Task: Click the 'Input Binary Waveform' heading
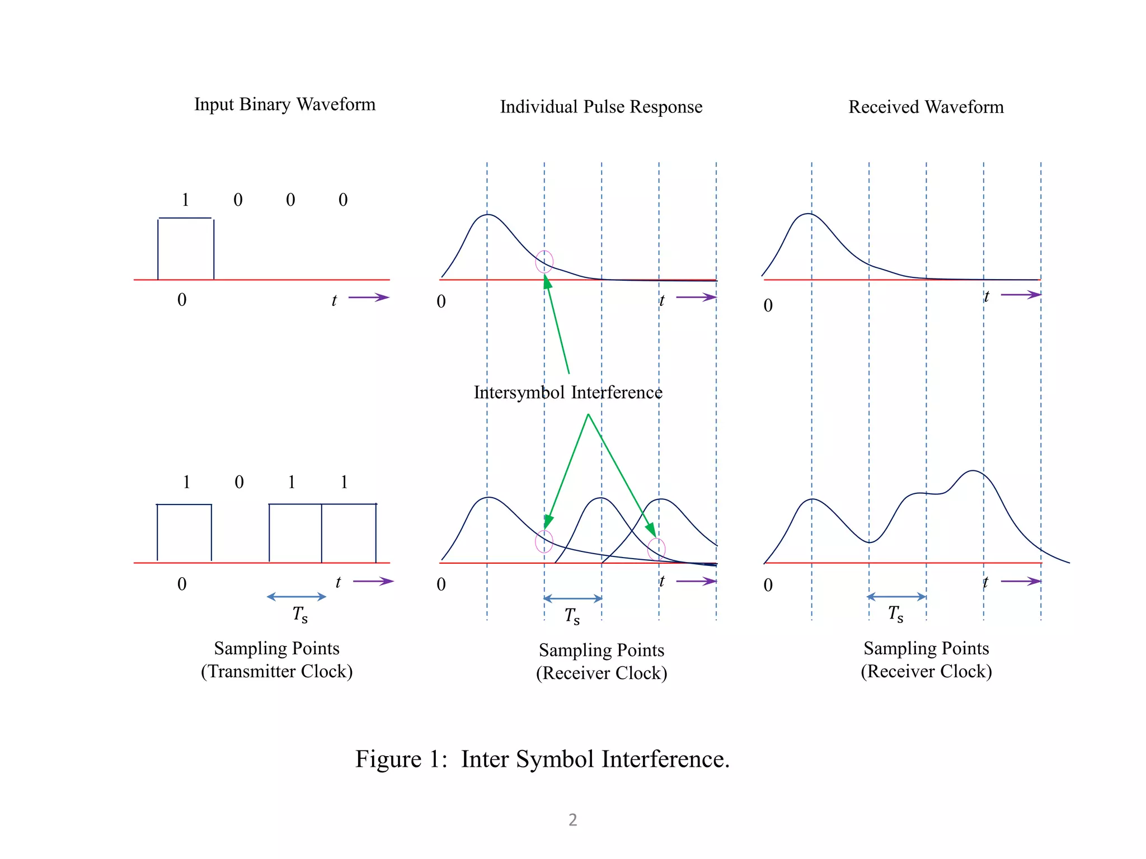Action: pos(285,105)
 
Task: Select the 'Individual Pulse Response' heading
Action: pos(601,107)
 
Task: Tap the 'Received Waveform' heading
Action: pos(926,107)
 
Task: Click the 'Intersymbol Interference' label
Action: pos(568,393)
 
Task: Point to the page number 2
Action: pos(572,820)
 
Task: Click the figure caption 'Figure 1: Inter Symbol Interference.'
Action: pos(542,759)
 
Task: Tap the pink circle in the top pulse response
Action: pos(544,262)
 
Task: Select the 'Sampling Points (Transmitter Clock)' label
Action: pos(277,660)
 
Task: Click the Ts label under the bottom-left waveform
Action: pos(300,615)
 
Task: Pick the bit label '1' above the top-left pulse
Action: pos(185,200)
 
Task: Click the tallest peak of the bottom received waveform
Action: pos(974,471)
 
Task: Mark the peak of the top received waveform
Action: pos(809,214)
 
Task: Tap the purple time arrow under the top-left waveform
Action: pos(368,298)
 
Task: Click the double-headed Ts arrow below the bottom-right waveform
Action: pos(896,597)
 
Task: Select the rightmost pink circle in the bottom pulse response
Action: pos(656,549)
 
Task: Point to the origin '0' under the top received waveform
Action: pos(768,305)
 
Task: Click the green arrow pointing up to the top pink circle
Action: pos(557,324)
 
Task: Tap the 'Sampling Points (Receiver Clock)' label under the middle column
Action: pos(602,662)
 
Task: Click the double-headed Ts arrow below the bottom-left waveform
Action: pos(297,597)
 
